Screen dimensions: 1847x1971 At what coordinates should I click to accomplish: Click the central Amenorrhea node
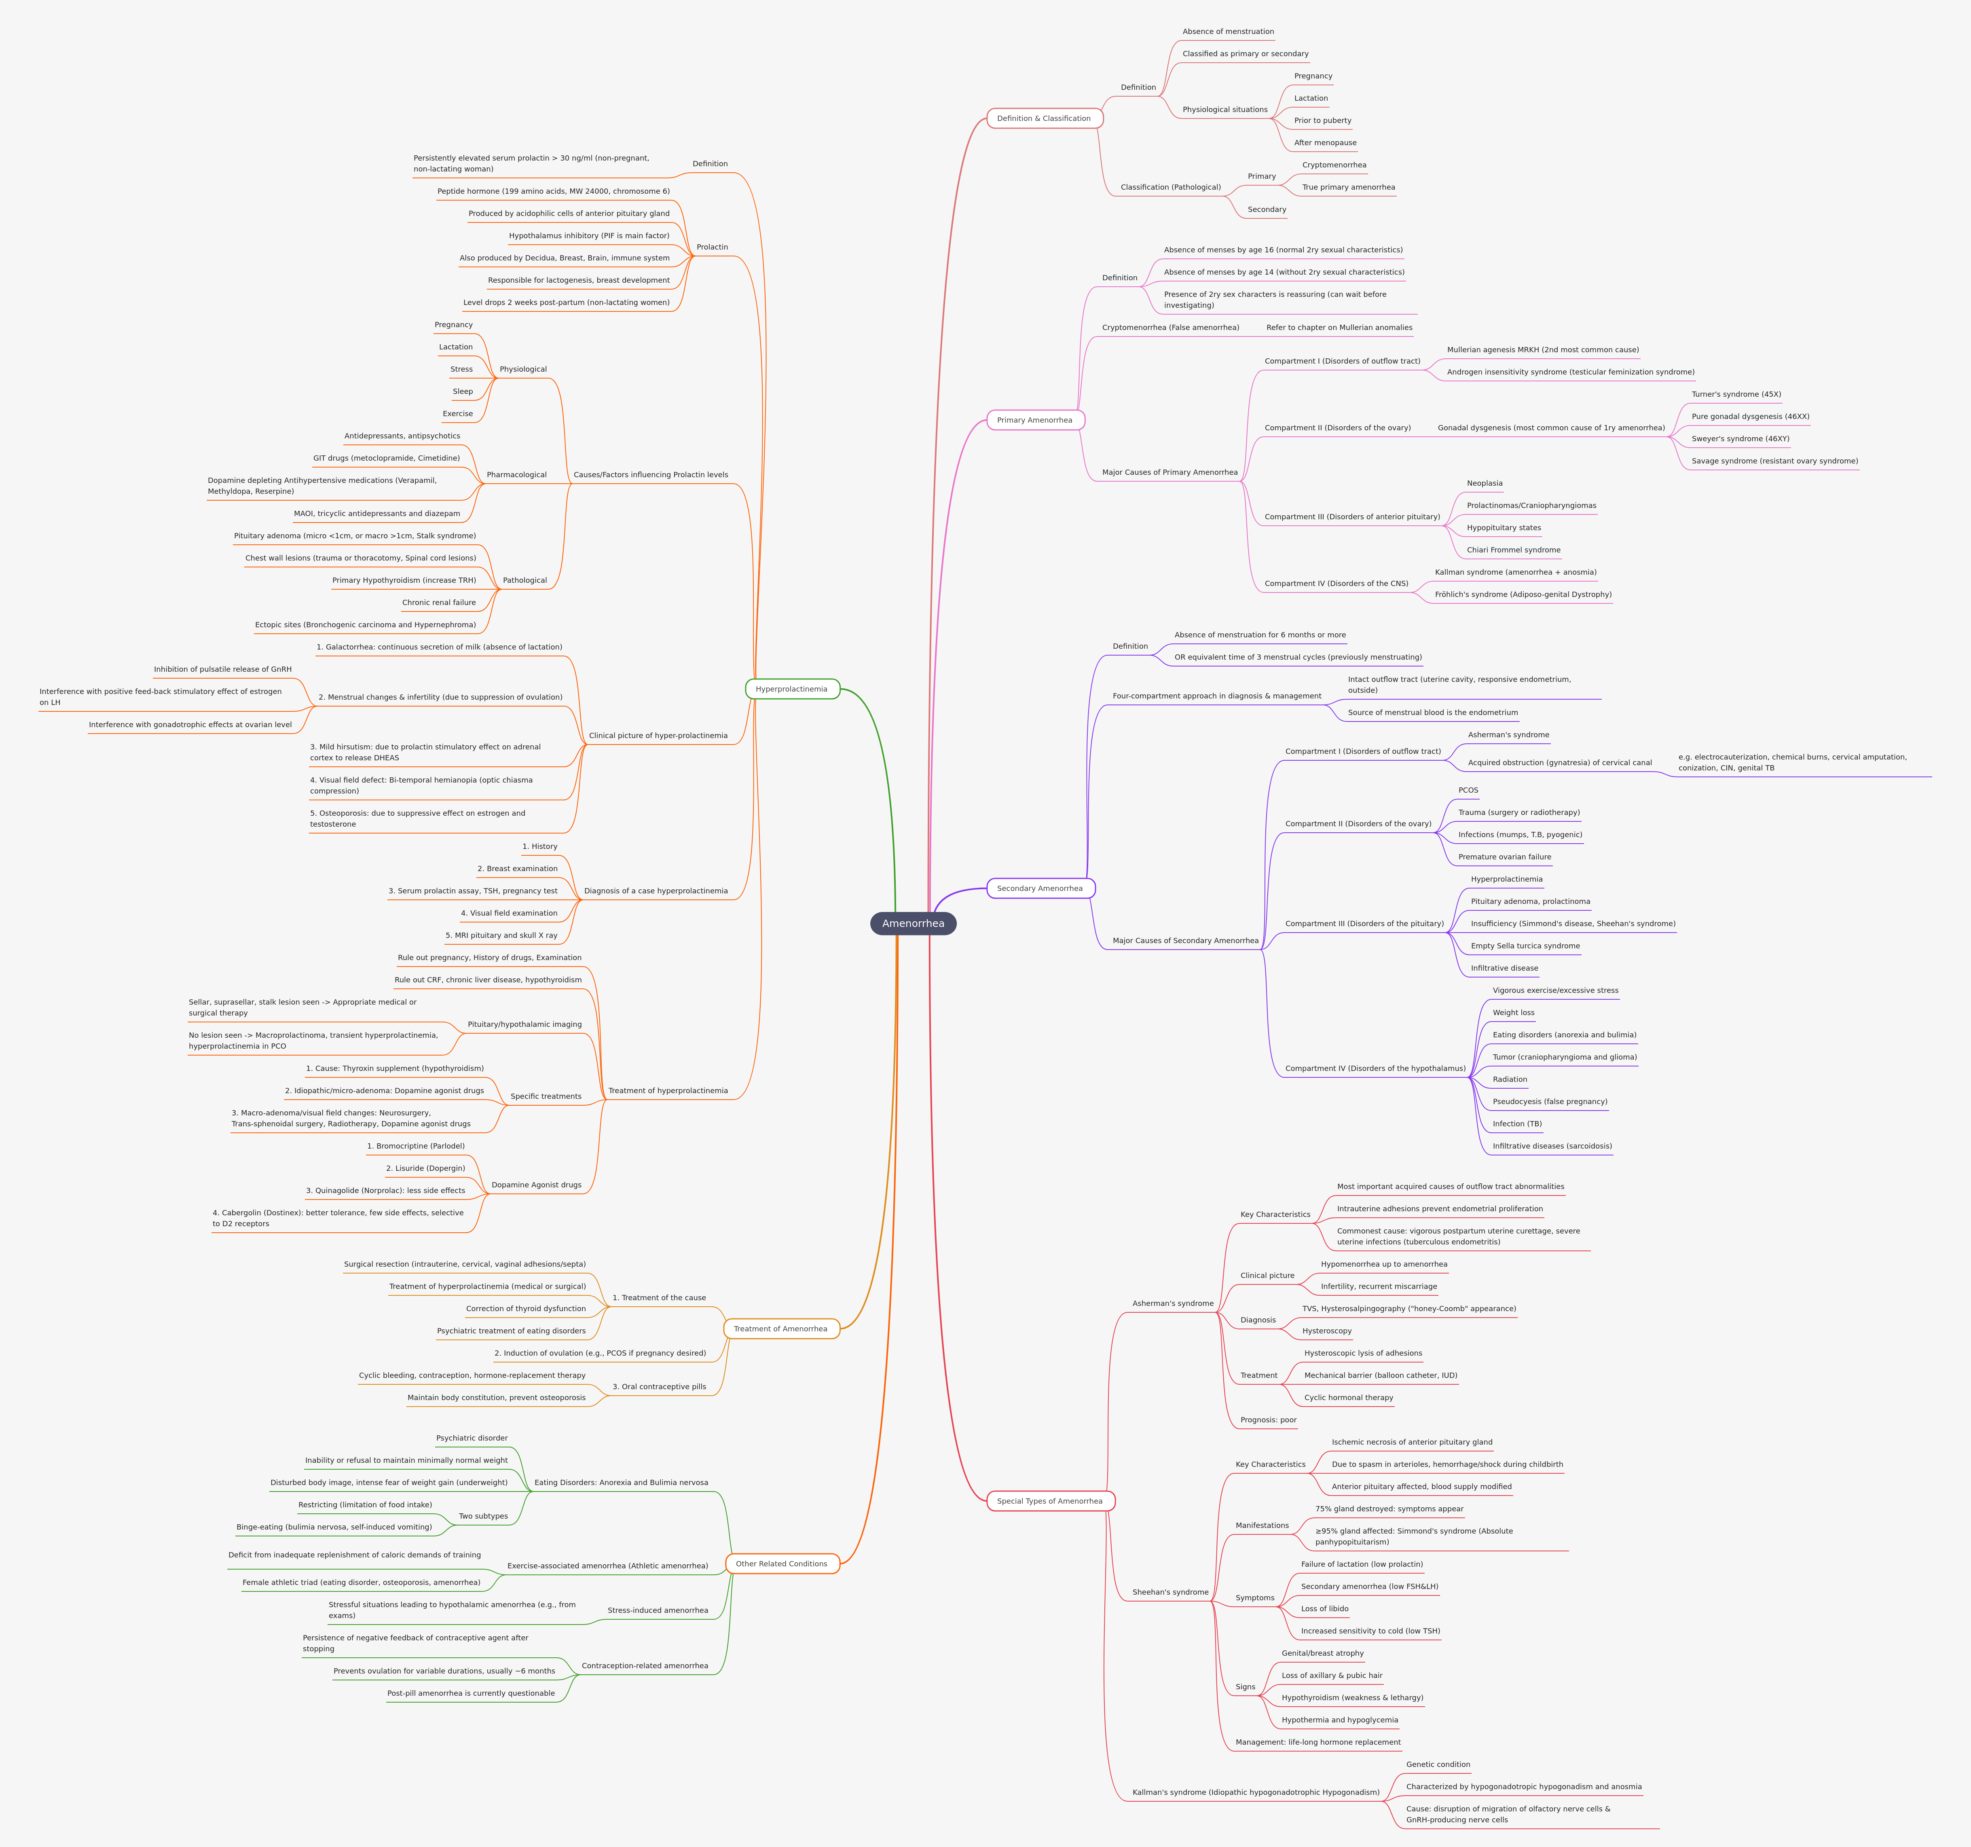click(x=913, y=923)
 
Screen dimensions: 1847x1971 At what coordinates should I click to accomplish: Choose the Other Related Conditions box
click(x=781, y=1563)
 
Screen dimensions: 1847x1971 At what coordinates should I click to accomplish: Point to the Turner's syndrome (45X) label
click(x=1736, y=395)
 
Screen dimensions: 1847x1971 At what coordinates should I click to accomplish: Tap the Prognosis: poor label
click(x=1268, y=1420)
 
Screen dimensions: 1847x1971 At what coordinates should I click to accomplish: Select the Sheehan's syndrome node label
click(x=1170, y=1592)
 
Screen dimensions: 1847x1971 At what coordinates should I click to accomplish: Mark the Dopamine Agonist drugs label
click(x=536, y=1185)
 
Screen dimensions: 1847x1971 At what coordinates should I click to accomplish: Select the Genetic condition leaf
click(x=1438, y=1765)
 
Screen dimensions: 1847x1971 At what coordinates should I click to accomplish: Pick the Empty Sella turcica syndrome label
click(x=1525, y=946)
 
